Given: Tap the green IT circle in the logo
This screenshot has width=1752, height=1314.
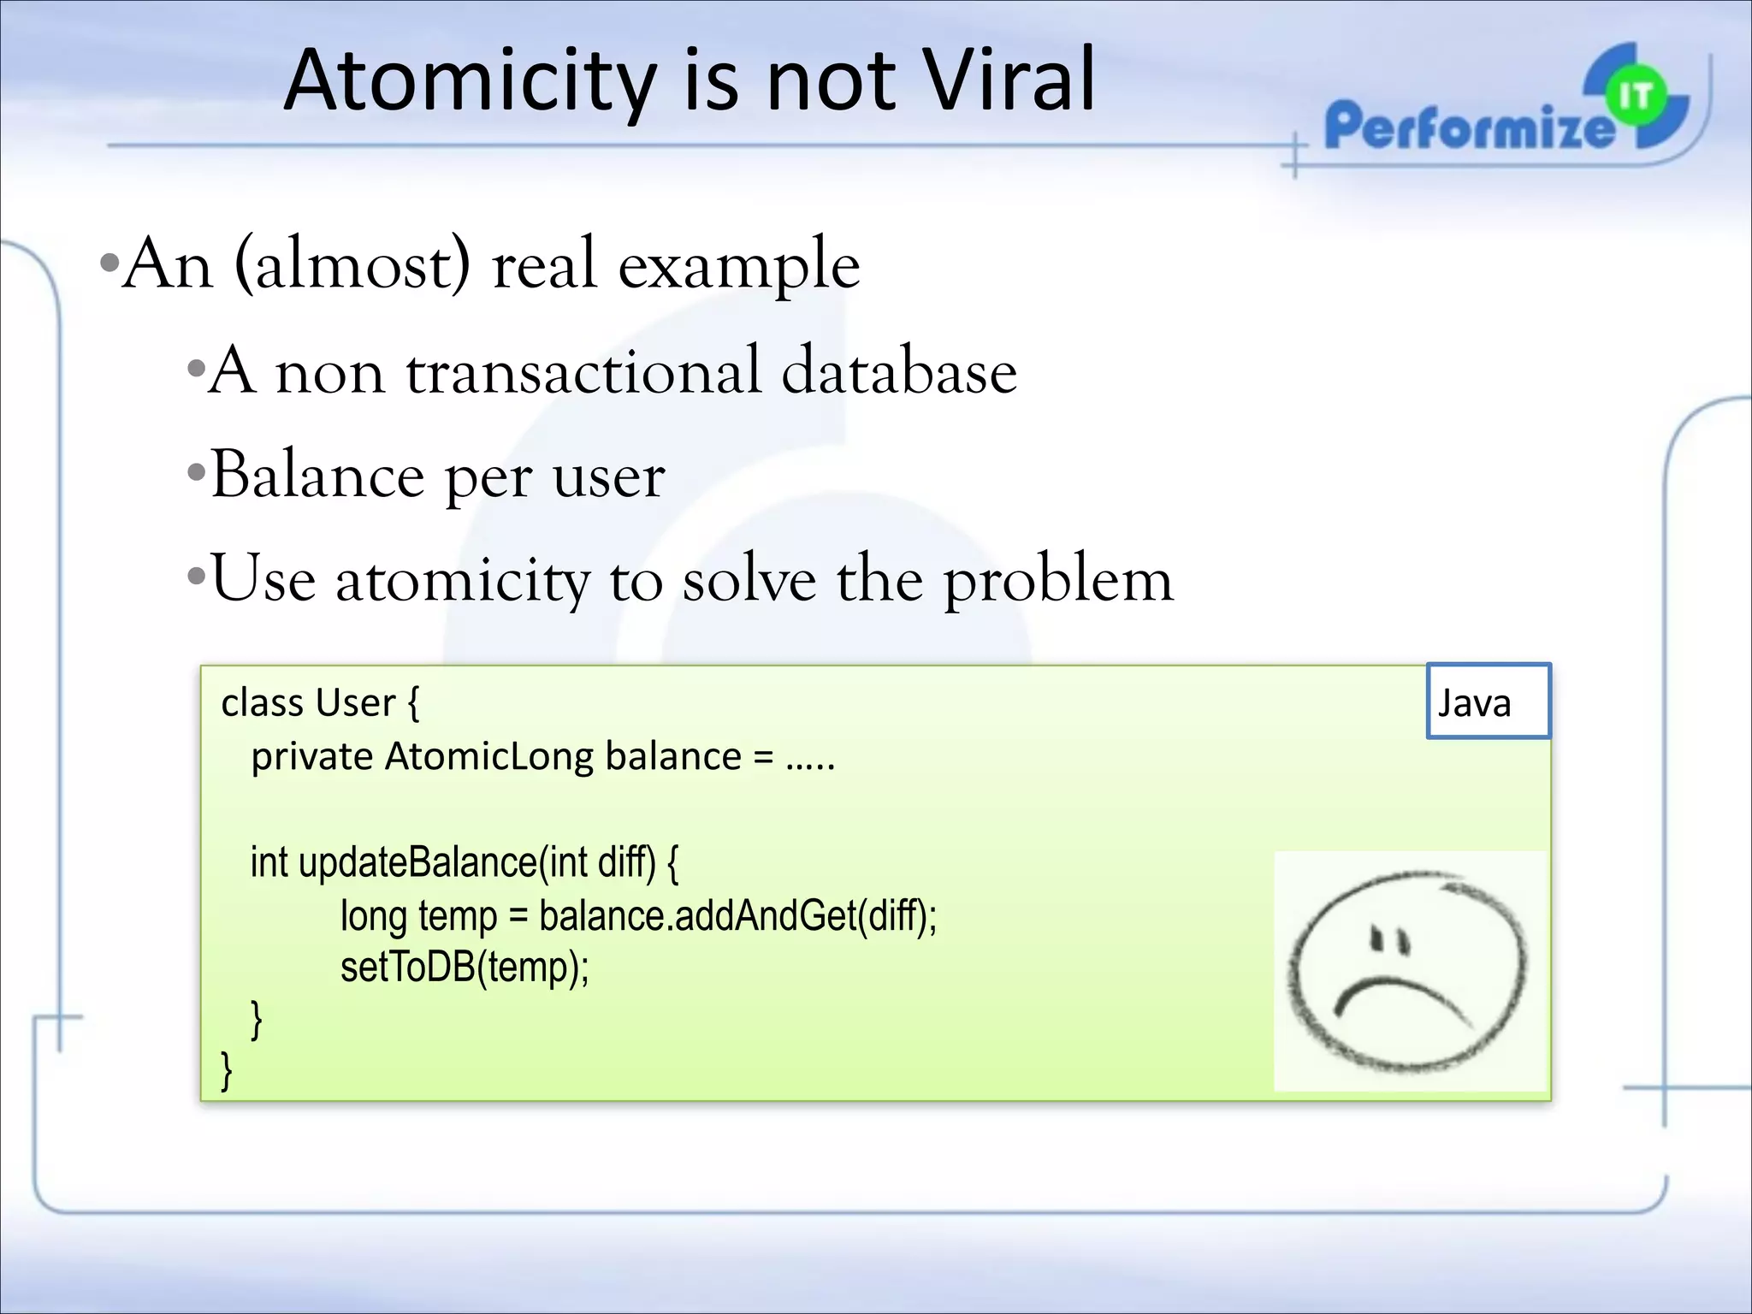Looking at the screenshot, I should [1635, 97].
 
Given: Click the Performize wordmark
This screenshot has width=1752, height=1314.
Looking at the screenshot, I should [1467, 127].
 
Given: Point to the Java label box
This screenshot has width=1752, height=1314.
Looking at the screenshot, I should [1488, 701].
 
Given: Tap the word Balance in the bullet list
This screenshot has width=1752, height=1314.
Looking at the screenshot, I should [317, 475].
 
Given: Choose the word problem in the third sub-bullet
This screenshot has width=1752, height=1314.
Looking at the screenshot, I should [1058, 580].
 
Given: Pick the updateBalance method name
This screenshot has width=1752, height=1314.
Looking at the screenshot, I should [417, 862].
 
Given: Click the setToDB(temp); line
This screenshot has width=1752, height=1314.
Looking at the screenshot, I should [465, 968].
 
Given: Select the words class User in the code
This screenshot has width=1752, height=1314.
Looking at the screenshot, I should [308, 703].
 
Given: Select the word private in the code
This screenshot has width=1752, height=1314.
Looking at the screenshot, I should [311, 756].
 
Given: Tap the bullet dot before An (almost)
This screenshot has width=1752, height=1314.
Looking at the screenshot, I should [108, 262].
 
